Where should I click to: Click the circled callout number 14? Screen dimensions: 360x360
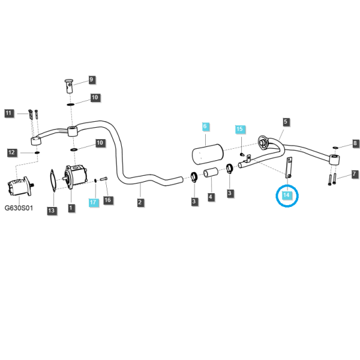coord(286,196)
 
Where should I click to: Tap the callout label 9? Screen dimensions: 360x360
coord(91,80)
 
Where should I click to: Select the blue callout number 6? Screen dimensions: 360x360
coord(205,126)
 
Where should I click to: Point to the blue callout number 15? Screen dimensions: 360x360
coord(239,129)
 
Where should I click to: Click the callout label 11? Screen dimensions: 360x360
coord(9,113)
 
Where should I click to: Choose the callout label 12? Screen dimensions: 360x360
coord(11,152)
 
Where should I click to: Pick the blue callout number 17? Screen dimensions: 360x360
coord(93,202)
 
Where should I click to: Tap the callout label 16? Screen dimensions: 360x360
coord(107,200)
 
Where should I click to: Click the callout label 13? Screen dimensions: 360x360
coord(52,211)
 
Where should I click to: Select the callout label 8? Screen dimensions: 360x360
coord(355,143)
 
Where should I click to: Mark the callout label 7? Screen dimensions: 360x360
coord(355,174)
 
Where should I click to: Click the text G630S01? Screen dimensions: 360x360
coord(19,208)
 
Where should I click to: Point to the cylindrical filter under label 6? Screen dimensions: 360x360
coord(208,154)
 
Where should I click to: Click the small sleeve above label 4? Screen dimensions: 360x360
coord(211,173)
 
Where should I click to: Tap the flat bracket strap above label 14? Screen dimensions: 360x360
coord(289,167)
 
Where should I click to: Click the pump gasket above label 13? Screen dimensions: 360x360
coord(53,181)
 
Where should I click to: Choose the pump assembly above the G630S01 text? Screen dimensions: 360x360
coord(20,187)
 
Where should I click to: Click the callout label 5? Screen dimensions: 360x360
coord(286,122)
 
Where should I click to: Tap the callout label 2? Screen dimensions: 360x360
coord(140,203)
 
